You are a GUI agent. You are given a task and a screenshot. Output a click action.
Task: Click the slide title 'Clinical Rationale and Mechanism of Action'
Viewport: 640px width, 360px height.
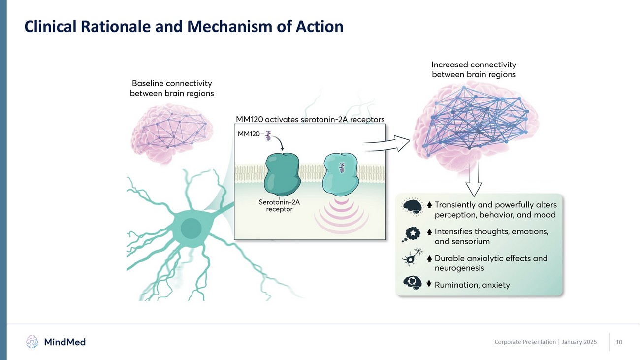pyautogui.click(x=184, y=26)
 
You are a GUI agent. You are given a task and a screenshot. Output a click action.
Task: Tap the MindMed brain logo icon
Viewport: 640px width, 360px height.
pyautogui.click(x=32, y=341)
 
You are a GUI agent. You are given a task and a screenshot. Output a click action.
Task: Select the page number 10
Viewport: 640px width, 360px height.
pyautogui.click(x=619, y=342)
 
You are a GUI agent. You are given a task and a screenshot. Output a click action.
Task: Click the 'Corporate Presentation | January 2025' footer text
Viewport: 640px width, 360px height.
pyautogui.click(x=545, y=342)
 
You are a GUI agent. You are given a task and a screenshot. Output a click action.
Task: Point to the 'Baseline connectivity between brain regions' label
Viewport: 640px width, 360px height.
pyautogui.click(x=171, y=88)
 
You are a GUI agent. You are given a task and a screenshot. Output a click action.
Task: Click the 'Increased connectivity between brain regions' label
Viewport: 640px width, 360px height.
pyautogui.click(x=474, y=69)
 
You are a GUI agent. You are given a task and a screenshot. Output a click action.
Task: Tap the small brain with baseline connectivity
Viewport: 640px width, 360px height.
pyautogui.click(x=171, y=131)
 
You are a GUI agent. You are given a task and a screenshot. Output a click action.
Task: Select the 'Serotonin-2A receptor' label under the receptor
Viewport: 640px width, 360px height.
pyautogui.click(x=279, y=205)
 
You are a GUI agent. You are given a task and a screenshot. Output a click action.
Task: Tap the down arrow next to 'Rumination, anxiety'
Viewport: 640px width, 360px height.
pyautogui.click(x=429, y=283)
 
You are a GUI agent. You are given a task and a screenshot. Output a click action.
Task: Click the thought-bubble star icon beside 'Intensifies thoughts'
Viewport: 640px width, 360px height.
pyautogui.click(x=412, y=234)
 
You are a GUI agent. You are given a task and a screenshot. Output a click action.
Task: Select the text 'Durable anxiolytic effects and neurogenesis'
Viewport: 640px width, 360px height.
pyautogui.click(x=490, y=263)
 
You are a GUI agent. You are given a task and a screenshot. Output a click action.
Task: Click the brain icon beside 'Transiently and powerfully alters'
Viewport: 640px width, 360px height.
pyautogui.click(x=412, y=207)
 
